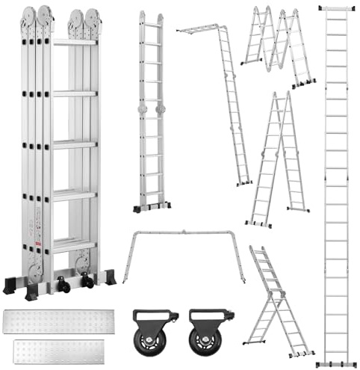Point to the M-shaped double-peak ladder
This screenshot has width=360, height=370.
pyautogui.click(x=277, y=45)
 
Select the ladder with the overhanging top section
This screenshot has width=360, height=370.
pyautogui.click(x=220, y=97)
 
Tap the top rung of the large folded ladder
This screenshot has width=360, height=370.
pyautogui.click(x=75, y=43)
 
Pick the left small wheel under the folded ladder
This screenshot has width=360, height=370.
pyautogui.click(x=65, y=286)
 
